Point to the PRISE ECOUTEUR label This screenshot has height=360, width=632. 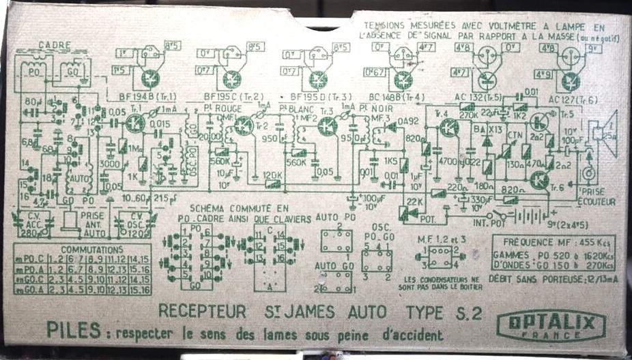point(595,197)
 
